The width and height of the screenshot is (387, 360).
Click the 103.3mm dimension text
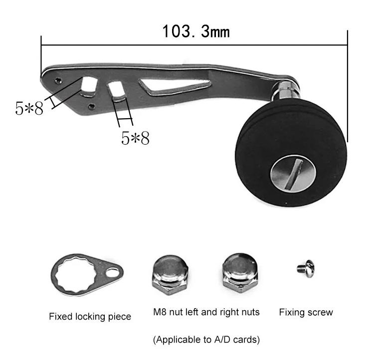(x=196, y=31)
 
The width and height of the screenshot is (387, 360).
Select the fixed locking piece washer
(x=87, y=275)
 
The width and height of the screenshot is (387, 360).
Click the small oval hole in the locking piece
(x=113, y=273)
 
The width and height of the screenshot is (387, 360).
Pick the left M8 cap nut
(x=171, y=275)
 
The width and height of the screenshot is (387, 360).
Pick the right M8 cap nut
(x=240, y=273)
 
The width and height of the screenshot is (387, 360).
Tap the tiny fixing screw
(x=306, y=268)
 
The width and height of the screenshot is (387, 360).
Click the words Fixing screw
(x=306, y=312)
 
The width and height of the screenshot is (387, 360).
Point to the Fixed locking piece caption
(x=90, y=317)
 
